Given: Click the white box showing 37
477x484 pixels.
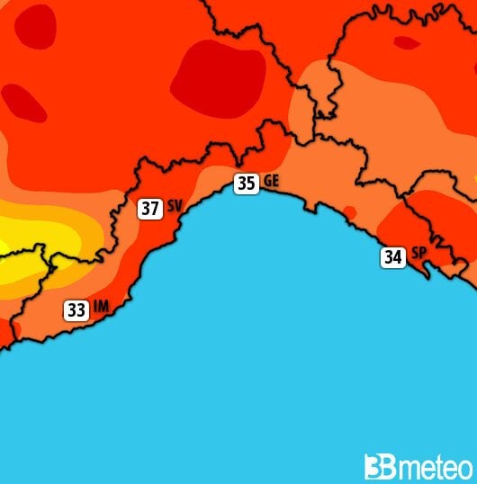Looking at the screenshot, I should [149, 209].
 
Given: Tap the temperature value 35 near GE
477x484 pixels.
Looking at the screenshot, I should [246, 184].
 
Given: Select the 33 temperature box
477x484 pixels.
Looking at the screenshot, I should [76, 310].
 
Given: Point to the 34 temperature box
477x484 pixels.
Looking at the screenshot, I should [392, 257].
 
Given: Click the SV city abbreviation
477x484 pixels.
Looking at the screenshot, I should [175, 207].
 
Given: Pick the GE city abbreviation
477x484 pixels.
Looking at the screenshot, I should [272, 182].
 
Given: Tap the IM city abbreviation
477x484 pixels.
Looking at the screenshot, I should [101, 308].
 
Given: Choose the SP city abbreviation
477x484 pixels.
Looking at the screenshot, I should [418, 255].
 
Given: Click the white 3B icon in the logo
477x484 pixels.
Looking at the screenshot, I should [377, 467].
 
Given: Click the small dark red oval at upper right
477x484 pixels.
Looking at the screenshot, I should [408, 41].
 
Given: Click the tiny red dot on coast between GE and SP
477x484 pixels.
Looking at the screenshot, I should [349, 211].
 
